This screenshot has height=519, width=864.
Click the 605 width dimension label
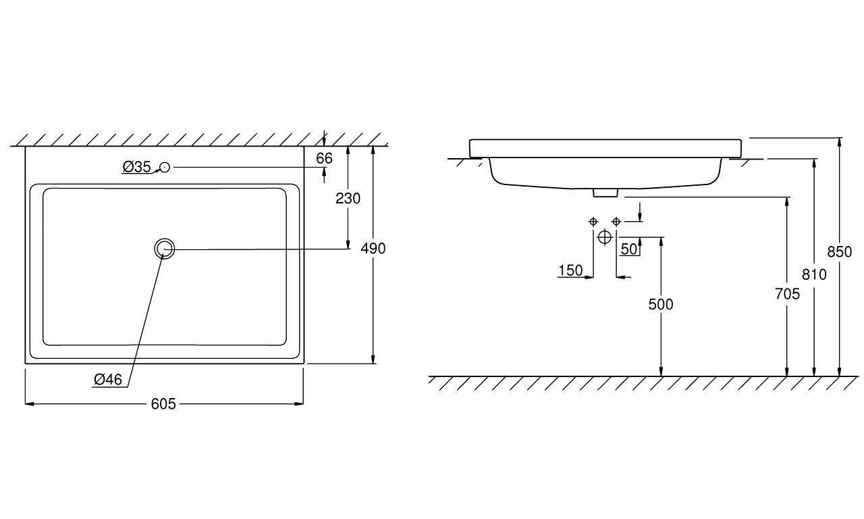pos(163,404)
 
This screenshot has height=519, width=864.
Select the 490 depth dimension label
pos(373,249)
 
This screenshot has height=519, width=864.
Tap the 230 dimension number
pos(348,199)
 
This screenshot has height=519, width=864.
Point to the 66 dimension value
pos(324,158)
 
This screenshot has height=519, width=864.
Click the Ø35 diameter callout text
pos(136,167)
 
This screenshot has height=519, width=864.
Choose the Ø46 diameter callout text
pos(108,380)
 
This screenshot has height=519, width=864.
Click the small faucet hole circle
pos(165,167)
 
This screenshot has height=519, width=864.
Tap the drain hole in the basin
pos(165,249)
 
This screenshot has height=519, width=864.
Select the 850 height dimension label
pos(839,252)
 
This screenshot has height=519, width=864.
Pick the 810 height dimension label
pos(814,274)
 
